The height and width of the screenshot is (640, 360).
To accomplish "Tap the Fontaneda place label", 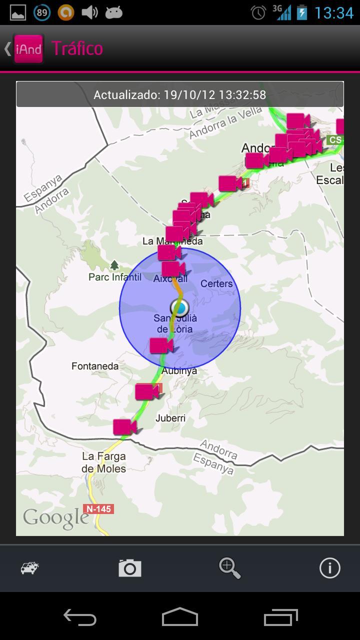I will [95, 366].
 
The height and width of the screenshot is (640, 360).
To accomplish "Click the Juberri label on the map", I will [170, 418].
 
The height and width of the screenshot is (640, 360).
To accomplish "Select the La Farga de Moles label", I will [104, 462].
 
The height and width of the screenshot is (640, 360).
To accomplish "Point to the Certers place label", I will [216, 283].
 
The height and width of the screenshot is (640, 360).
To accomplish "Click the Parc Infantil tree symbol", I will [114, 265].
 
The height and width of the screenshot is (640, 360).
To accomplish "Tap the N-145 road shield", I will [99, 509].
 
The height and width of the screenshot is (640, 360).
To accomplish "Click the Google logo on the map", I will [55, 518].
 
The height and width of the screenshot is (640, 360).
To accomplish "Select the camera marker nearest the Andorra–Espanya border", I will [124, 427].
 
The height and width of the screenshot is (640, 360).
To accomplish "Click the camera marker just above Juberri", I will [146, 391].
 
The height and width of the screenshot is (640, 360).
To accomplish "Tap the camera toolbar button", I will [130, 568].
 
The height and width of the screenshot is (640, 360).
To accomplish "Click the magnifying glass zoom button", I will [229, 568].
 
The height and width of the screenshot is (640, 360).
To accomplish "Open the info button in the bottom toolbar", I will [329, 568].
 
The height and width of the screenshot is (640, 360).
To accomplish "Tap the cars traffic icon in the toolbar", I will [30, 568].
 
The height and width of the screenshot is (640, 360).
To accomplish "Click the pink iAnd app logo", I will [28, 48].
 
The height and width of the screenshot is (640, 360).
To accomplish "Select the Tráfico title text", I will [77, 48].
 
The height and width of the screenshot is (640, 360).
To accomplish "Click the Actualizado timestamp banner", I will [180, 94].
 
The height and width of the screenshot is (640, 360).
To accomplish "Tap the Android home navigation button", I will [180, 617].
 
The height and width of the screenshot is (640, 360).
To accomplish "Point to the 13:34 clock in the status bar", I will [333, 12].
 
